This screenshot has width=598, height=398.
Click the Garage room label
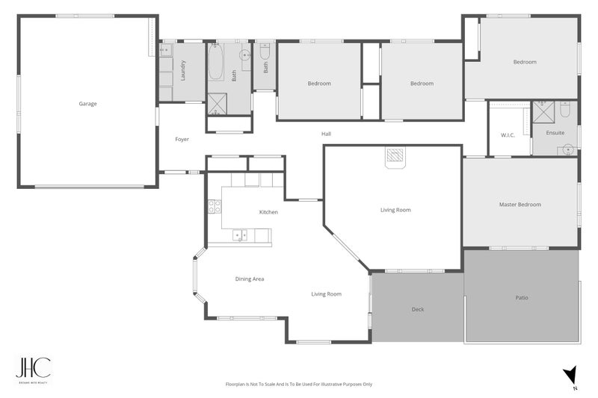(87, 104)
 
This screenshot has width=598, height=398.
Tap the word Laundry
(183, 71)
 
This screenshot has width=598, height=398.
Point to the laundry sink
(166, 52)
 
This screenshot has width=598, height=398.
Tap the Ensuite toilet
(565, 111)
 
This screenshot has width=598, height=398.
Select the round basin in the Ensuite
(567, 149)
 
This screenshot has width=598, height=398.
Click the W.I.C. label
(509, 134)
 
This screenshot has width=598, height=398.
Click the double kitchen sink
(241, 236)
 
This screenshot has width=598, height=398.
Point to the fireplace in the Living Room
(395, 157)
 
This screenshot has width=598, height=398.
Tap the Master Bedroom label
(520, 204)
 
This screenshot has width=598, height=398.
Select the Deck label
(418, 308)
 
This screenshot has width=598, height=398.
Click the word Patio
(522, 297)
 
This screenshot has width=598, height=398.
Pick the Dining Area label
(250, 279)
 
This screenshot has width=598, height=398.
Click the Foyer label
(182, 140)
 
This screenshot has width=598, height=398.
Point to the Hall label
(326, 134)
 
